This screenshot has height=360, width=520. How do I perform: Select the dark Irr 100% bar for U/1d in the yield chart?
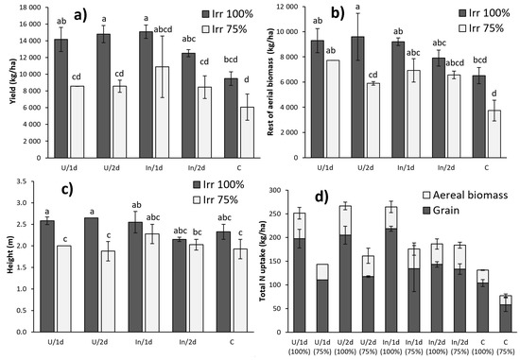pyautogui.click(x=61, y=94)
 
